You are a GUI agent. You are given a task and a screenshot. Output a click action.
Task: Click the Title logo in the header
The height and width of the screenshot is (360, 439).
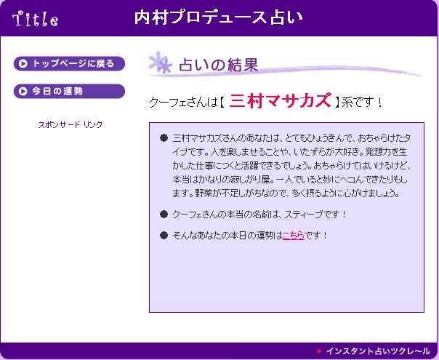[x=36, y=19]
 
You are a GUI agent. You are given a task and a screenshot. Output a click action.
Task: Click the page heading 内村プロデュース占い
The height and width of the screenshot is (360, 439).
[x=218, y=17]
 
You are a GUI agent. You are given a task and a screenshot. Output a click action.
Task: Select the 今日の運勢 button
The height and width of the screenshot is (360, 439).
[x=69, y=92]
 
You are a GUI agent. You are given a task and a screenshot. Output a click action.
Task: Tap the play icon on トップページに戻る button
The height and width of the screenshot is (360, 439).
[x=23, y=63]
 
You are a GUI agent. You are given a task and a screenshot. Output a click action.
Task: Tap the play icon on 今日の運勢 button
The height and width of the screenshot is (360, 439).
[x=23, y=92]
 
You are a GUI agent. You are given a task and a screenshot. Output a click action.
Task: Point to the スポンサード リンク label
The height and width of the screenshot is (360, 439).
[x=71, y=124]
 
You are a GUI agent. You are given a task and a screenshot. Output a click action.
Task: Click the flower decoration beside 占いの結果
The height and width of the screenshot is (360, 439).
[x=161, y=63]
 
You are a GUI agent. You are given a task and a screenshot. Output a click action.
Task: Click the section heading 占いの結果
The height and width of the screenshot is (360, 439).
[x=218, y=65]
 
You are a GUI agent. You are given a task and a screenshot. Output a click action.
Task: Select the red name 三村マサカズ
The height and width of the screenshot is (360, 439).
[x=280, y=100]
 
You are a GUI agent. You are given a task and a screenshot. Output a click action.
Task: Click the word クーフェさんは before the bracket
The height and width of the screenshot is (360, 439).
[x=183, y=102]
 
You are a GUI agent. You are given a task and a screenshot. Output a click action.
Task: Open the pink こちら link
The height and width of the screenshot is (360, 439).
[x=294, y=236]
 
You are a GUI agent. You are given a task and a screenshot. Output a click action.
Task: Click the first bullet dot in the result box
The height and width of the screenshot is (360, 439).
[x=164, y=138]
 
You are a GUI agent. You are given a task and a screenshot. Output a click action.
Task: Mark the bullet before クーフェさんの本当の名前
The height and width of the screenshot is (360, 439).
[x=164, y=215]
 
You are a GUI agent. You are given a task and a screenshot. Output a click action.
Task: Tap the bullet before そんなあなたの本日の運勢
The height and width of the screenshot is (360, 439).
[x=164, y=236]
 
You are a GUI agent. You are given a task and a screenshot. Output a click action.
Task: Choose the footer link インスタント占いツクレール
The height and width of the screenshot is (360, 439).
[x=378, y=351]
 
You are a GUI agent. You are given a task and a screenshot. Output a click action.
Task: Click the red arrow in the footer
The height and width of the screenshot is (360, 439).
[x=320, y=351]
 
